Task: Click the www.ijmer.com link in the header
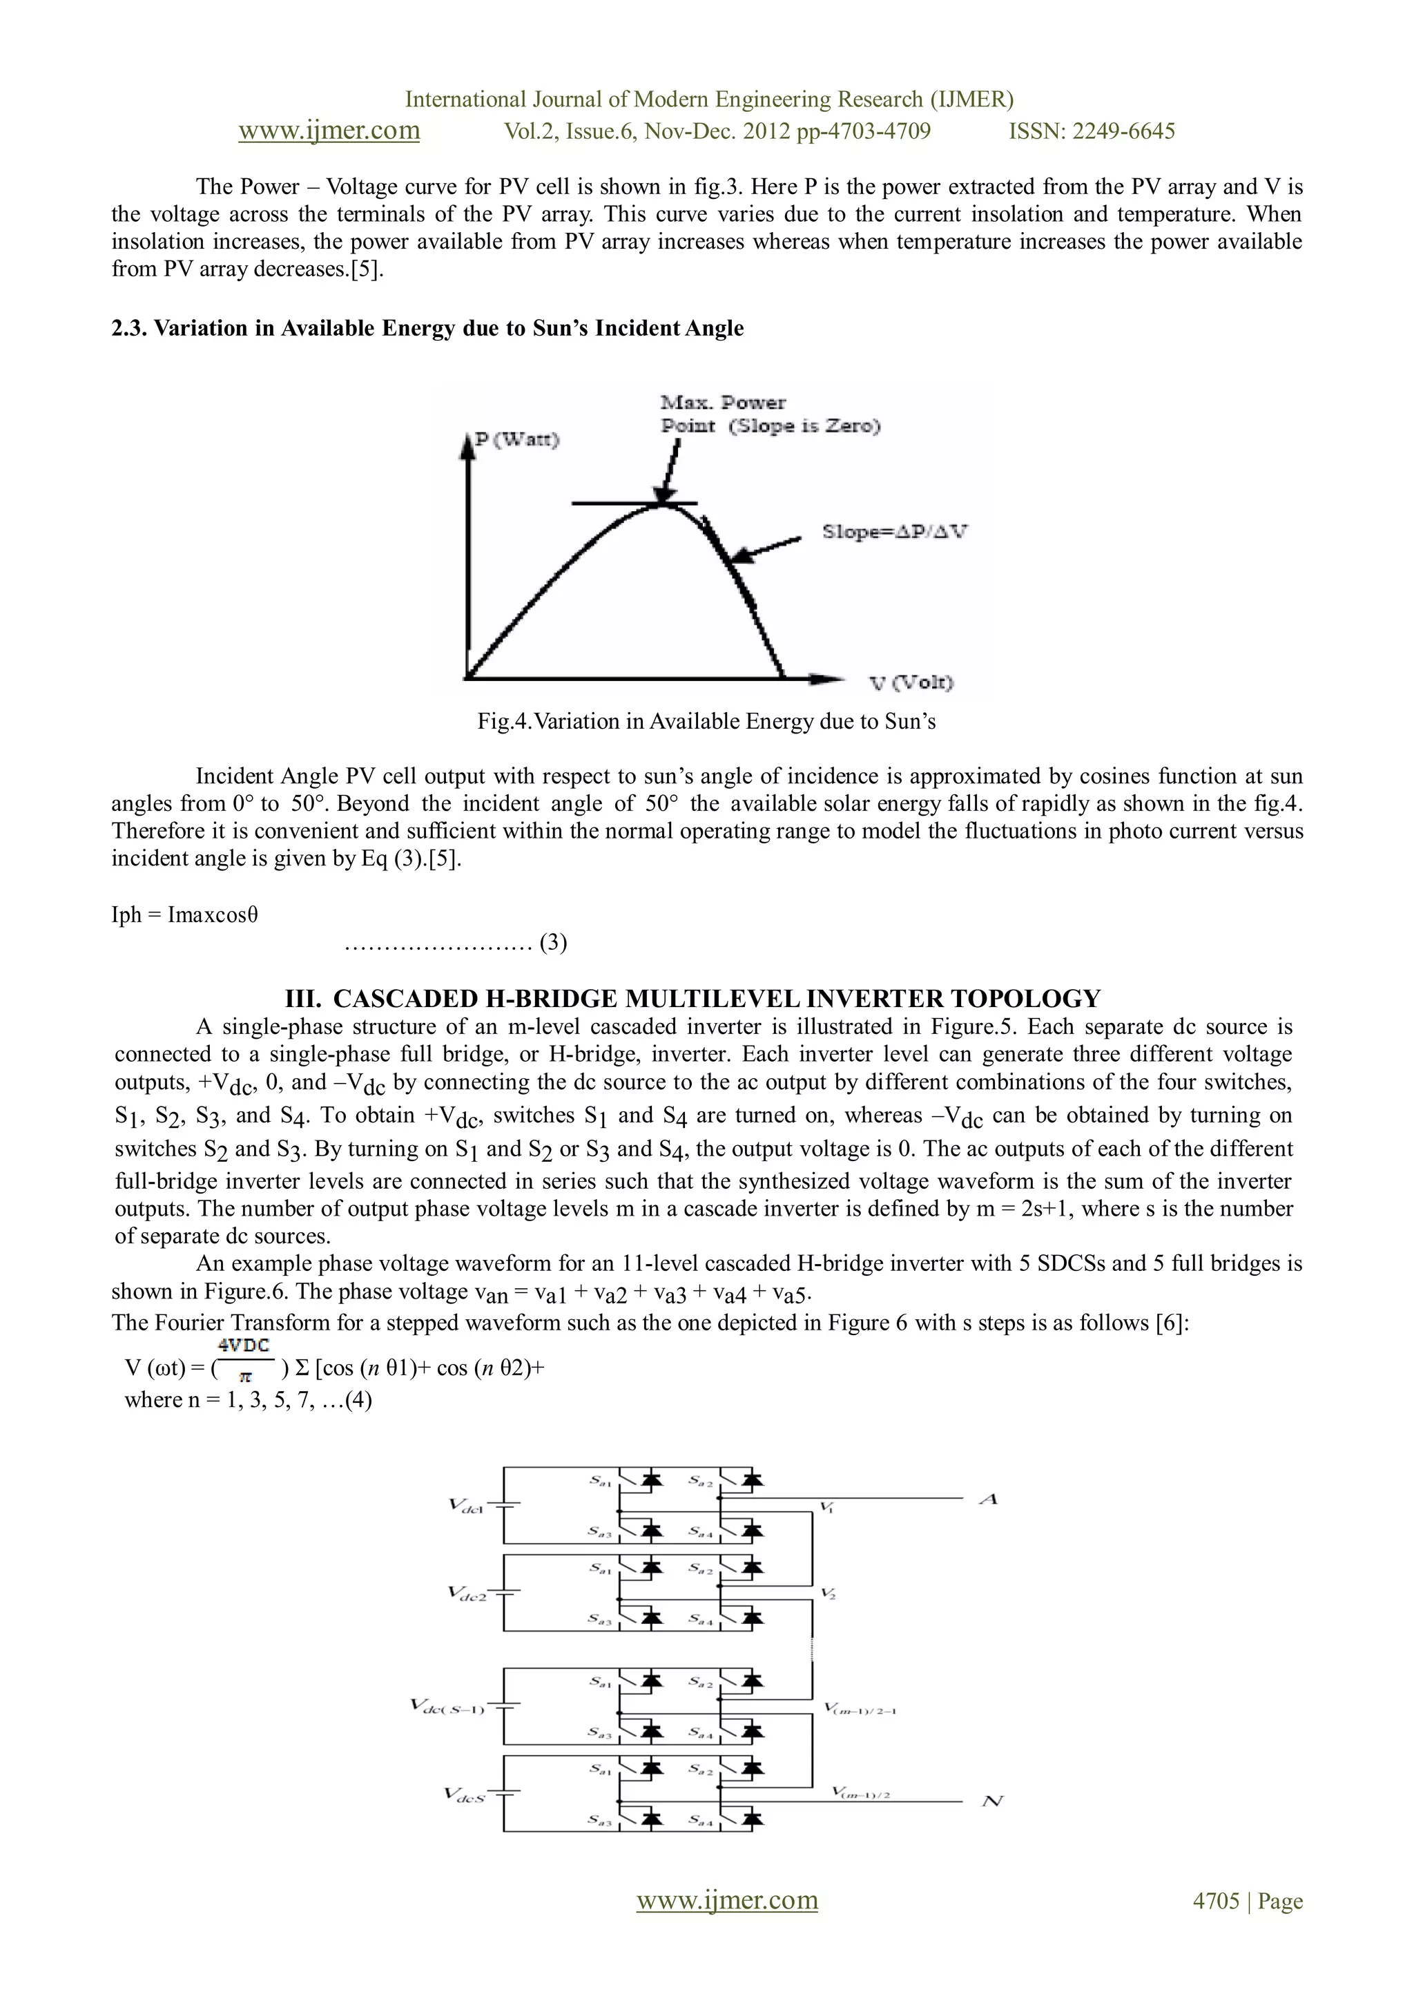pos(329,131)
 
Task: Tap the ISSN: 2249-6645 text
pos(1091,132)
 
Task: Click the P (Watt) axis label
pos(516,439)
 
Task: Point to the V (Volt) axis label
pos(911,682)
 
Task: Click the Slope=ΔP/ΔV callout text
pos(894,532)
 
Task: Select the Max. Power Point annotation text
pos(769,414)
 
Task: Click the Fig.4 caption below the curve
pos(706,722)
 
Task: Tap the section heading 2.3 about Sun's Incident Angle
pos(427,329)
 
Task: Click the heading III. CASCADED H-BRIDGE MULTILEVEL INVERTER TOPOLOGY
pos(693,999)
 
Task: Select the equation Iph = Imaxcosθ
pos(185,915)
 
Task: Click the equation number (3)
pos(553,943)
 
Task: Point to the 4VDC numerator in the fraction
pos(244,1346)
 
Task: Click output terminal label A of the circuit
pos(988,1499)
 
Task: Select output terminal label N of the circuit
pos(992,1801)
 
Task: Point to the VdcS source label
pos(465,1795)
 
